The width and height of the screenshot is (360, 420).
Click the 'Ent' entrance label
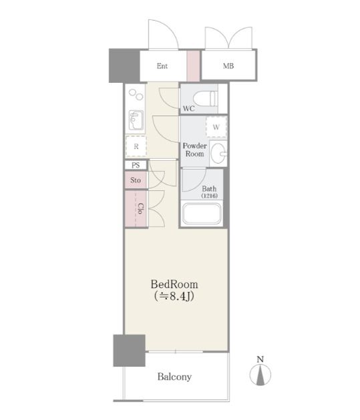(162, 66)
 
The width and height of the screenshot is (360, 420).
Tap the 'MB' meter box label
(228, 66)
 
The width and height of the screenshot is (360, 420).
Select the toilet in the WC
(206, 99)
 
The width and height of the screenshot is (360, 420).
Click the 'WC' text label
(189, 108)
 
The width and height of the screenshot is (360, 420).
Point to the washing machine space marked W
(216, 127)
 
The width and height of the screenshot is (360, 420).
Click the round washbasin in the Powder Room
(218, 153)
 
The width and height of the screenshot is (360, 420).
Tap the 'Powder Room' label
(195, 150)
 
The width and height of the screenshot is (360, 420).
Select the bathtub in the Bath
(202, 214)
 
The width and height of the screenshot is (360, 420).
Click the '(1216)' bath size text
(210, 196)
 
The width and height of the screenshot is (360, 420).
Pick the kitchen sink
(136, 120)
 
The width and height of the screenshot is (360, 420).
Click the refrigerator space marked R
(136, 146)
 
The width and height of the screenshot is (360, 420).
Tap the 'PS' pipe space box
(136, 165)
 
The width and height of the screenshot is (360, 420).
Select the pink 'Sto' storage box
(136, 180)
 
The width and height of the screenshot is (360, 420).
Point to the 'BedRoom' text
(174, 284)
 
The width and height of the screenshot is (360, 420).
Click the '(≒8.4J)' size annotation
(174, 296)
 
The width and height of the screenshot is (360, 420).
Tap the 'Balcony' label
(174, 377)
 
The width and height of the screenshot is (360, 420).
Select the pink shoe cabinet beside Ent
(193, 65)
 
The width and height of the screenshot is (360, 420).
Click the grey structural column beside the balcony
(129, 351)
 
